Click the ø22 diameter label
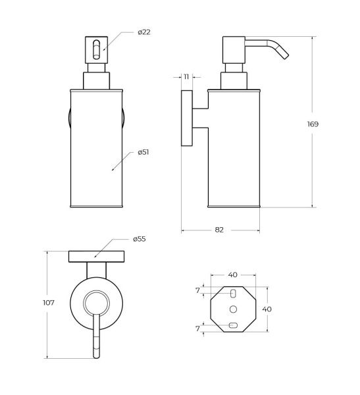[x=144, y=32]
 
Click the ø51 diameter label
[x=143, y=152]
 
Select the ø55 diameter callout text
[x=140, y=239]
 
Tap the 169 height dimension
[x=313, y=124]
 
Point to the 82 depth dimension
[x=219, y=230]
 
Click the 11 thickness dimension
[x=186, y=76]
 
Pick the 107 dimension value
[x=49, y=303]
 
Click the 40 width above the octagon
[x=233, y=275]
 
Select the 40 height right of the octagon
[x=267, y=309]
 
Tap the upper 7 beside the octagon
[x=197, y=290]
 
